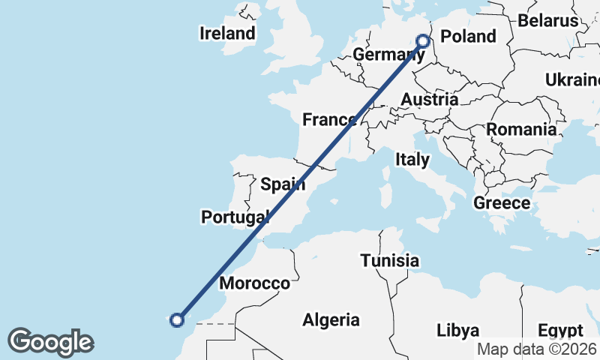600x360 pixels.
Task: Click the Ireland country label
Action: point(227,34)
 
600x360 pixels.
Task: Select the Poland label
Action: point(468,37)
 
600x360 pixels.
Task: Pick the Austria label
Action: point(429,100)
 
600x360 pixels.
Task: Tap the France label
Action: point(329,119)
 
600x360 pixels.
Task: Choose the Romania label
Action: point(521,129)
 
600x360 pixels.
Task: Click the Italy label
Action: point(412,159)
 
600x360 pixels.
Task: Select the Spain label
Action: point(283,184)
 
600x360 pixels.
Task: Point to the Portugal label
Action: point(235,217)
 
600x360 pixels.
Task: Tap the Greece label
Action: point(502,202)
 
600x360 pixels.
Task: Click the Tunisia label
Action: point(389,261)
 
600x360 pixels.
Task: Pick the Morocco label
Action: point(254,283)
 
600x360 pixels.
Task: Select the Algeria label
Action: point(331,320)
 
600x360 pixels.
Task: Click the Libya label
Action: point(457,331)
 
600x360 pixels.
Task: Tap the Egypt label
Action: point(560,331)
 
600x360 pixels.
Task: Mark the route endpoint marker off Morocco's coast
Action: point(177,320)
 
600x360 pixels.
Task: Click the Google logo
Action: point(50,342)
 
